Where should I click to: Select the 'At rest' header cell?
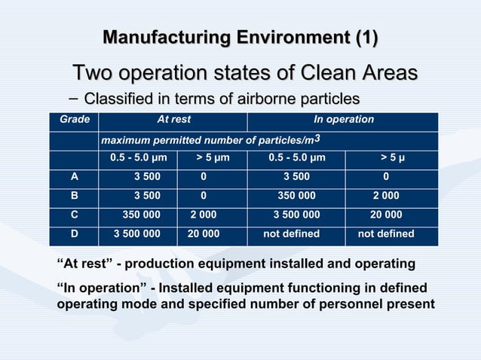point(173,120)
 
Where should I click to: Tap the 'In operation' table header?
point(343,120)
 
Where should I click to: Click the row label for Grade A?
point(74,178)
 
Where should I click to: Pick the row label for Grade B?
point(74,197)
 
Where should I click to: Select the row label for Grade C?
point(74,215)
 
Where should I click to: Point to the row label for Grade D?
point(74,234)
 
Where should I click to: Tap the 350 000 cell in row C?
point(141,215)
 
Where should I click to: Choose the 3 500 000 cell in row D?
point(136,234)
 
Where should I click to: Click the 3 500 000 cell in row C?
point(296,215)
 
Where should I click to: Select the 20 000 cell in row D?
point(204,234)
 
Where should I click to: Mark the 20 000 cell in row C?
point(385,215)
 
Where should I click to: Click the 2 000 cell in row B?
point(385,197)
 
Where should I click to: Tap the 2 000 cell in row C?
point(204,215)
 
